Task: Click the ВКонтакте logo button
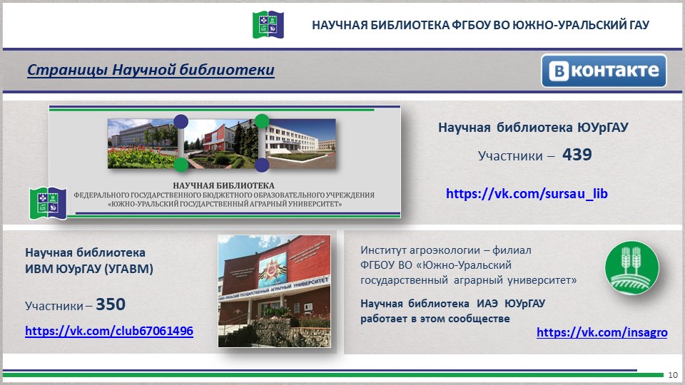pyautogui.click(x=604, y=71)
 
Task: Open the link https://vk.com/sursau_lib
pyautogui.click(x=527, y=193)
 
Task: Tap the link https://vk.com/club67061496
pyautogui.click(x=109, y=332)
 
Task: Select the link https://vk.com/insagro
pyautogui.click(x=602, y=332)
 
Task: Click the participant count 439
pyautogui.click(x=577, y=154)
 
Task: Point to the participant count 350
pyautogui.click(x=111, y=304)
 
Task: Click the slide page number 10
pyautogui.click(x=673, y=375)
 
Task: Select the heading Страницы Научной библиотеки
pyautogui.click(x=151, y=70)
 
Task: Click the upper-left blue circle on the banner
pyautogui.click(x=181, y=120)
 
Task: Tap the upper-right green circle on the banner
pyautogui.click(x=262, y=120)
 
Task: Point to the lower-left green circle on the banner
pyautogui.click(x=181, y=165)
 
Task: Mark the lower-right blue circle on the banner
pyautogui.click(x=262, y=165)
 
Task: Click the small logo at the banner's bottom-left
pyautogui.click(x=46, y=202)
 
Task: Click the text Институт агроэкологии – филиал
pyautogui.click(x=446, y=250)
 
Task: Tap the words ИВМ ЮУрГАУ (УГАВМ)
pyautogui.click(x=89, y=269)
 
